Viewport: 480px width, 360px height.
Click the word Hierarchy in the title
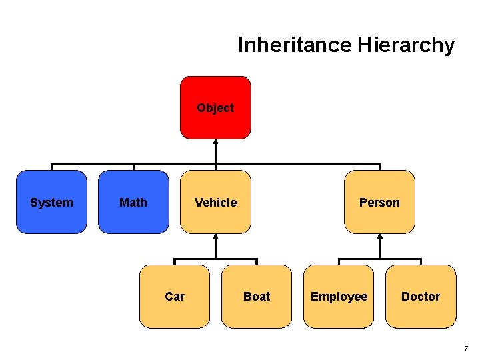(406, 45)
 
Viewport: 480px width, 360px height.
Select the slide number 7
(466, 348)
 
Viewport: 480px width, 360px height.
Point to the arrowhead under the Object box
(215, 141)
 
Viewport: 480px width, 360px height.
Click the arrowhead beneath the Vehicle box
(215, 236)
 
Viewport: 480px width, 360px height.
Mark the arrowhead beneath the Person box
(379, 236)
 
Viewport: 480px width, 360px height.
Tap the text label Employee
(339, 297)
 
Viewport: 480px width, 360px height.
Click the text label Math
(133, 202)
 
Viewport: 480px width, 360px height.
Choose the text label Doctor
(421, 297)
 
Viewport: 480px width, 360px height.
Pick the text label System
(51, 202)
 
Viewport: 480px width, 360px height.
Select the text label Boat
(257, 297)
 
